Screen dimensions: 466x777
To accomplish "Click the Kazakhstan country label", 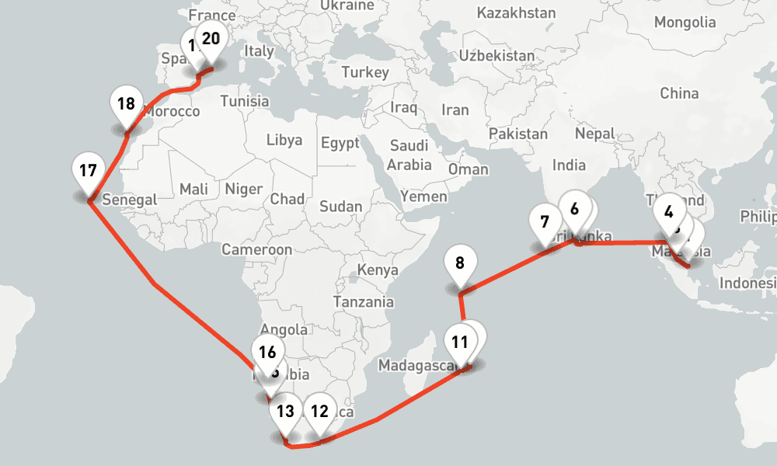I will (x=516, y=12).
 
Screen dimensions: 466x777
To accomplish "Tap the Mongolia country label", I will (x=684, y=22).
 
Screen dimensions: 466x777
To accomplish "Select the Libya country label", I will (x=284, y=141).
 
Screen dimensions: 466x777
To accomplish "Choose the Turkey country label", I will (x=364, y=72).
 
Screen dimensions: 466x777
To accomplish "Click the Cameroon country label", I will (x=256, y=249).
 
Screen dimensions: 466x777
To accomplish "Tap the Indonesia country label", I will (x=747, y=283).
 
